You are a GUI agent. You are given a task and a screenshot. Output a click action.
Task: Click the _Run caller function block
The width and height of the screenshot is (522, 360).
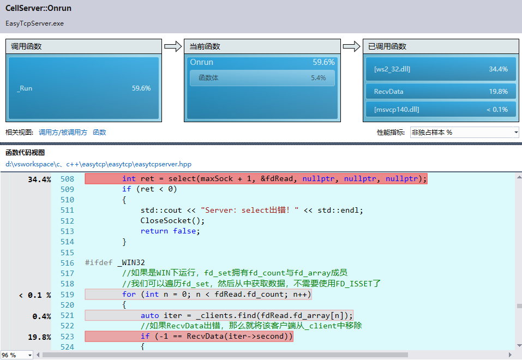pos(83,88)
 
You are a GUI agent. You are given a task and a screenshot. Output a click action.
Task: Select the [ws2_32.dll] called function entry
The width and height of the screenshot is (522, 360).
pos(441,69)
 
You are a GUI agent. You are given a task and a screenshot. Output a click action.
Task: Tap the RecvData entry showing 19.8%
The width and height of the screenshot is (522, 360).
pos(441,91)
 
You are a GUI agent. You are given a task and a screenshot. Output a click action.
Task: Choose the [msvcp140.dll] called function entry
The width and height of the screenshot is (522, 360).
pos(441,109)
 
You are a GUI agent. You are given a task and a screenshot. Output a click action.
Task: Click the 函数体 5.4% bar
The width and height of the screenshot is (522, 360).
pos(262,78)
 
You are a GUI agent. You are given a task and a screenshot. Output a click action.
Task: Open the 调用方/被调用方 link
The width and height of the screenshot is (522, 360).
pos(63,133)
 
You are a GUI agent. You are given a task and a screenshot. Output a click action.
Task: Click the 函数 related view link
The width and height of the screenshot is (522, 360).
pos(99,133)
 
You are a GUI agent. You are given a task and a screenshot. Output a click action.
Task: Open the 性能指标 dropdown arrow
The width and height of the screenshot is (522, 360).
pos(515,133)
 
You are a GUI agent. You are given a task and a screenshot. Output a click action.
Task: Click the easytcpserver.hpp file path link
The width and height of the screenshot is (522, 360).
pos(99,164)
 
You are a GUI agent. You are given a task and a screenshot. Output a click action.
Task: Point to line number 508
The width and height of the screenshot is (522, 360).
pos(67,179)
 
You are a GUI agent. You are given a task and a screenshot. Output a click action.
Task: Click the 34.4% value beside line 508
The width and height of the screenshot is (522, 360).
pos(40,179)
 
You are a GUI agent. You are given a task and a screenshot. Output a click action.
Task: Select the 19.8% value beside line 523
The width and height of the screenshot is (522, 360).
pos(40,337)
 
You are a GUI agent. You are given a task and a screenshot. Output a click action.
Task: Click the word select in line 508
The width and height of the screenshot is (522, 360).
pos(182,179)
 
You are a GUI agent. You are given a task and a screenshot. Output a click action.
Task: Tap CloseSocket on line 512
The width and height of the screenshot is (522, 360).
pos(166,220)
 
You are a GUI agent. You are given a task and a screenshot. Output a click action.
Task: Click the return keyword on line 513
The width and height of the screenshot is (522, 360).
pos(154,231)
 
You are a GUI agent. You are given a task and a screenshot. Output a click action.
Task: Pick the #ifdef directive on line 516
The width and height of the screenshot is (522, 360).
pos(99,262)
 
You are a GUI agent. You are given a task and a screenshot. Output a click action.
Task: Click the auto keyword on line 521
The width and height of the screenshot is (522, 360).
pos(150,315)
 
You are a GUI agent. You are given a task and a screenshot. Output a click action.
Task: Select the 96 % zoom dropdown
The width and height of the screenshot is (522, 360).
pos(17,355)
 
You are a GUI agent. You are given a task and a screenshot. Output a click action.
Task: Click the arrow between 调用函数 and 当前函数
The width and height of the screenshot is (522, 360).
pos(173,46)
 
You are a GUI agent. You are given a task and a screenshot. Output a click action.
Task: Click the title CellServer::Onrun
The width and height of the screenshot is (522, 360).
pos(38,8)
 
